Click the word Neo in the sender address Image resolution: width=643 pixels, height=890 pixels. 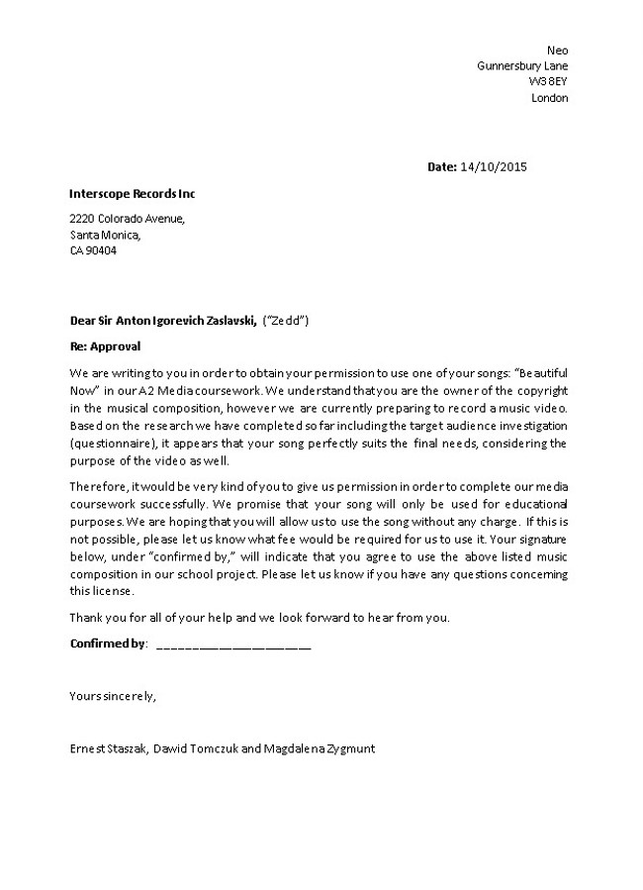pos(558,50)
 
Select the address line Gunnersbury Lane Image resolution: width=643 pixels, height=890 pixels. pos(522,66)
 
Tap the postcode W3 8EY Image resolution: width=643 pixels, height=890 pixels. pos(548,82)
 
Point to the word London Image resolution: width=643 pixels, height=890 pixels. pos(550,98)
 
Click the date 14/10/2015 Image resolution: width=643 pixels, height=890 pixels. pos(494,167)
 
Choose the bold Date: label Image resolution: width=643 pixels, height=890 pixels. pos(441,167)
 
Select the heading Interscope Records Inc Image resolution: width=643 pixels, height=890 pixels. pos(133,194)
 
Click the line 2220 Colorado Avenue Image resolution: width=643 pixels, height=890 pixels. pos(127,219)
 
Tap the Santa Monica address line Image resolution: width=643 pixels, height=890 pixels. pos(105,235)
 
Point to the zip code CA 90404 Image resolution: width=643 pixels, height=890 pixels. pos(93,250)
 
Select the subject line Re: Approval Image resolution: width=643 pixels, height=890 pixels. pos(105,346)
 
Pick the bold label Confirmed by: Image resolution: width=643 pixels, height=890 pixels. pos(108,643)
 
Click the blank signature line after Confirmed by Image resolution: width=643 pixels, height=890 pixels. pos(233,645)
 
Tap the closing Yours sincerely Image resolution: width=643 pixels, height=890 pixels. pos(112,696)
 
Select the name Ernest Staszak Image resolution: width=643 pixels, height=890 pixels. pos(109,749)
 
